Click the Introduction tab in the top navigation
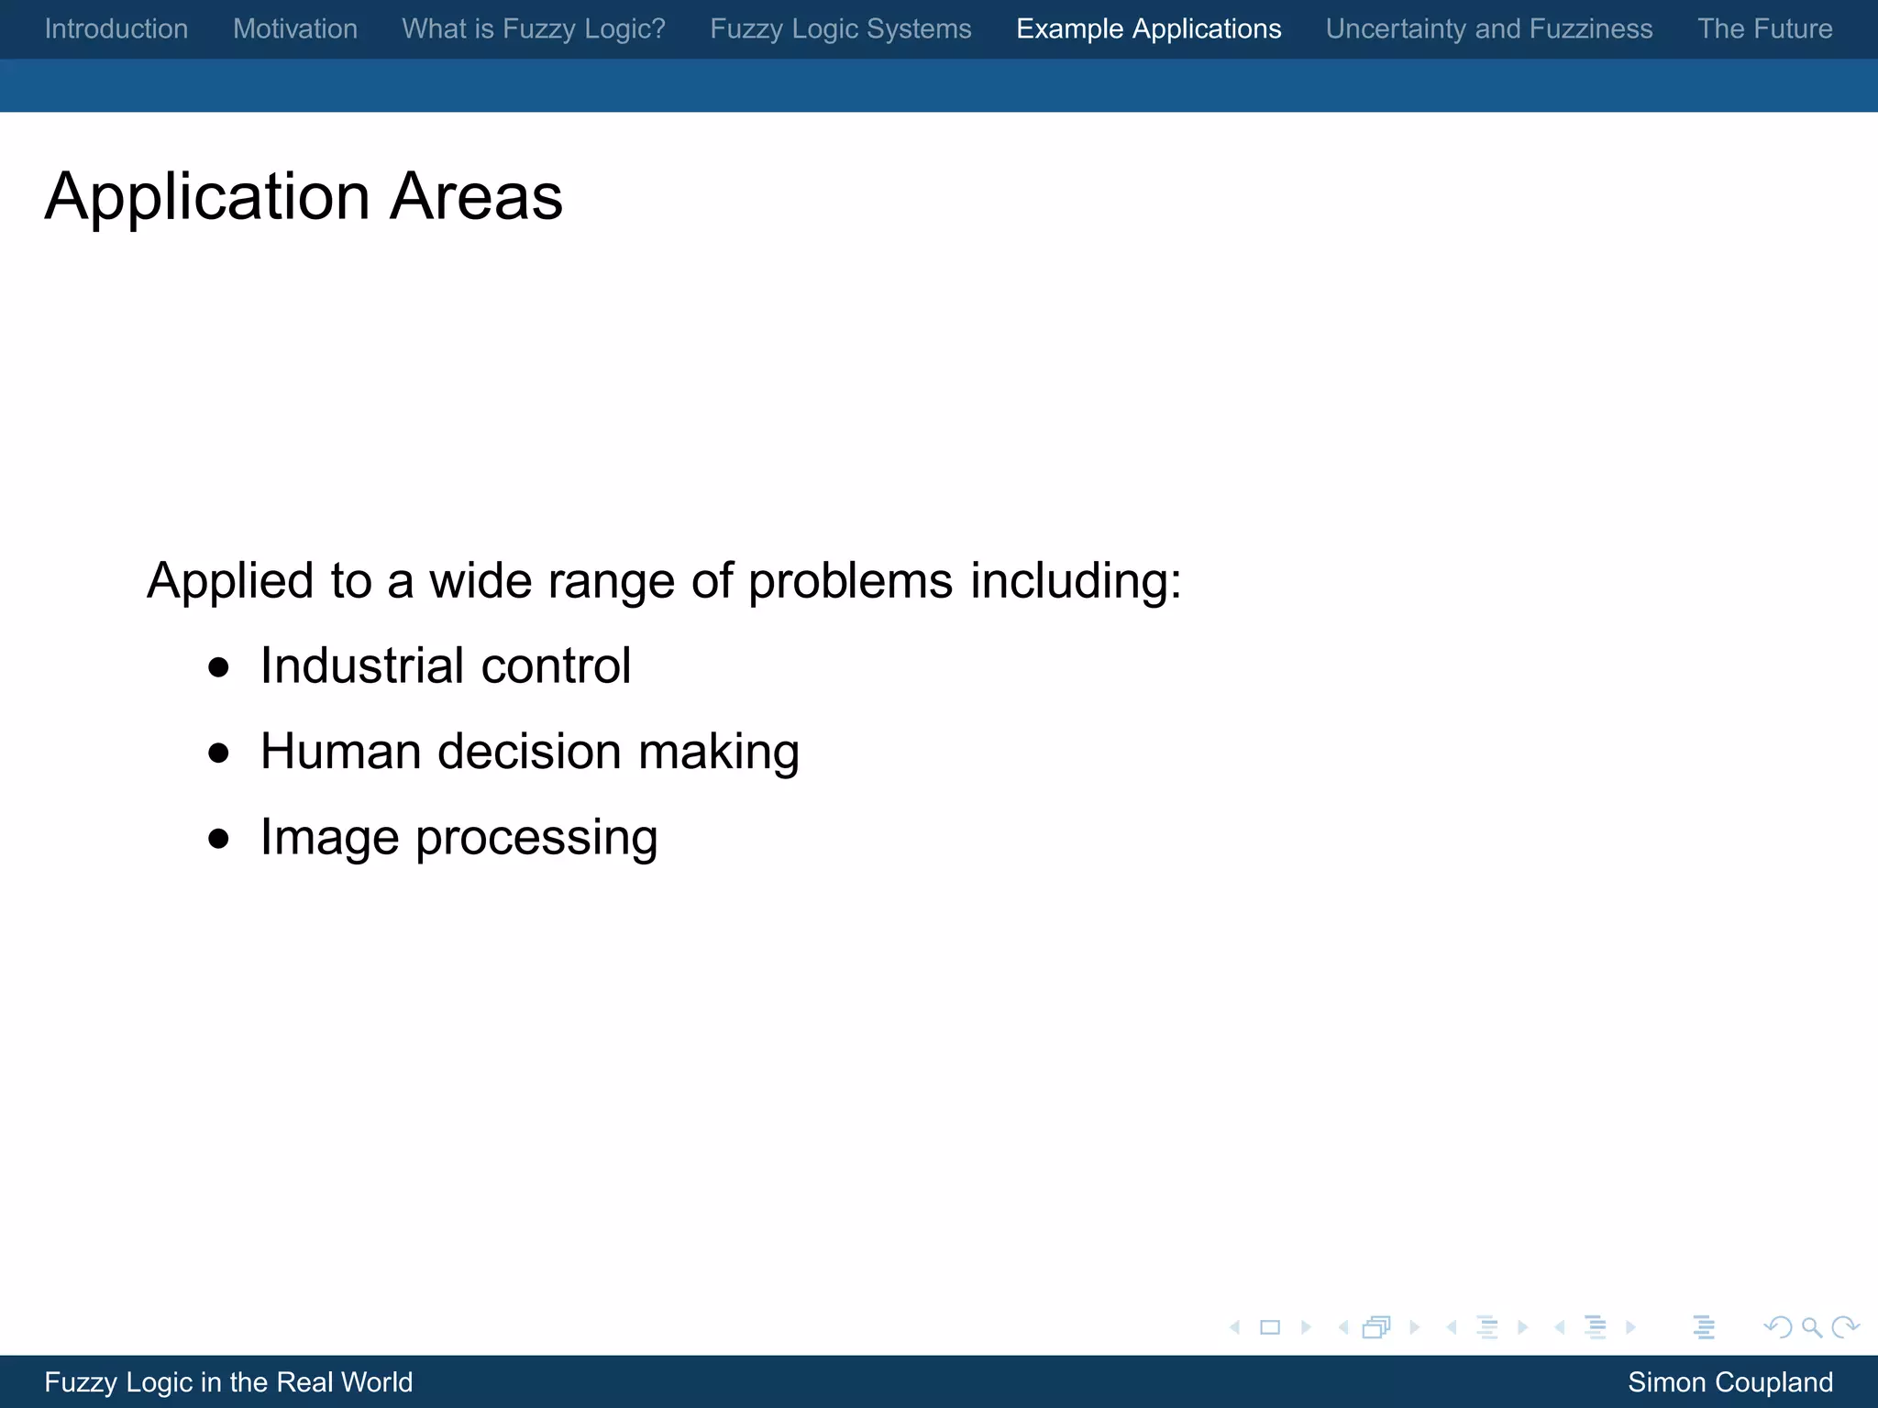tap(116, 28)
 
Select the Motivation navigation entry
tap(294, 28)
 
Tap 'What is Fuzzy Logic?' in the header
tap(534, 28)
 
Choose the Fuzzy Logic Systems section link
tap(840, 28)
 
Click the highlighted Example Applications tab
tap(1148, 28)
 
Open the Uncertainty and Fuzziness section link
tap(1488, 28)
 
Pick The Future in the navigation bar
tap(1764, 28)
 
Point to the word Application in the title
tap(207, 198)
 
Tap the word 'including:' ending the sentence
tap(1076, 581)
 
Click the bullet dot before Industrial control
tap(218, 667)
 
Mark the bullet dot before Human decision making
tap(218, 753)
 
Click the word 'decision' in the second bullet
tap(529, 752)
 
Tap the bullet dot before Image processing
tap(218, 839)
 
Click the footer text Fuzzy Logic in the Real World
tap(228, 1381)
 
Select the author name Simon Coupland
tap(1729, 1381)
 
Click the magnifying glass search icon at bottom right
tap(1811, 1327)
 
